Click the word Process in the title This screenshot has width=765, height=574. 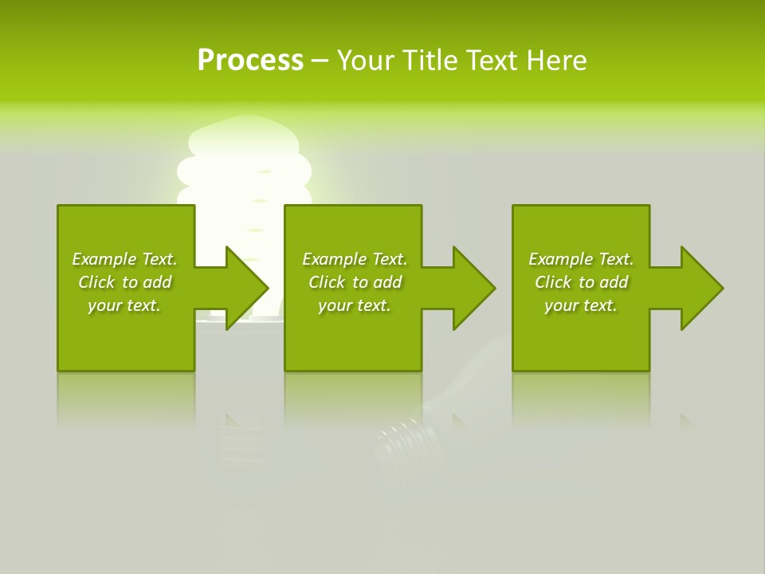(250, 61)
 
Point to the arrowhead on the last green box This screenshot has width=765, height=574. (699, 288)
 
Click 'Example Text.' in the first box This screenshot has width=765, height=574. (124, 259)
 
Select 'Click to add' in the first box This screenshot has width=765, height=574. (125, 282)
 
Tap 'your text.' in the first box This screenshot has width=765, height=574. (124, 305)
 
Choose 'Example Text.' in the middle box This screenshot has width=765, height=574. (355, 259)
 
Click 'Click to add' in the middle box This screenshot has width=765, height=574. (355, 282)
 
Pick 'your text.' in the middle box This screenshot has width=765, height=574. (355, 305)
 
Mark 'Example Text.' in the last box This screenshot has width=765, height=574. (581, 259)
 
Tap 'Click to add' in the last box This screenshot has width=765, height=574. (582, 282)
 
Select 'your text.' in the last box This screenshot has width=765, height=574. (581, 305)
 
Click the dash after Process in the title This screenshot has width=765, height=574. (320, 61)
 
